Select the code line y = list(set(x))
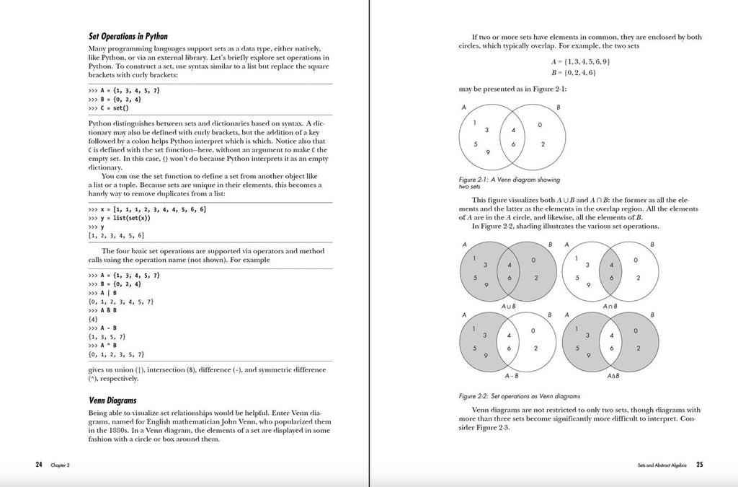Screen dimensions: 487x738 point(119,217)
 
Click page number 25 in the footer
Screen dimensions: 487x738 point(699,465)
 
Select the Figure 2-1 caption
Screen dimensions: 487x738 point(509,183)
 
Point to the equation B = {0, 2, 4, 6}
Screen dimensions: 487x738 point(572,73)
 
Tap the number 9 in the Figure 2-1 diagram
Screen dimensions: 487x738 point(488,152)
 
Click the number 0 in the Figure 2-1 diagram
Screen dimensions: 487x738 point(539,125)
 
